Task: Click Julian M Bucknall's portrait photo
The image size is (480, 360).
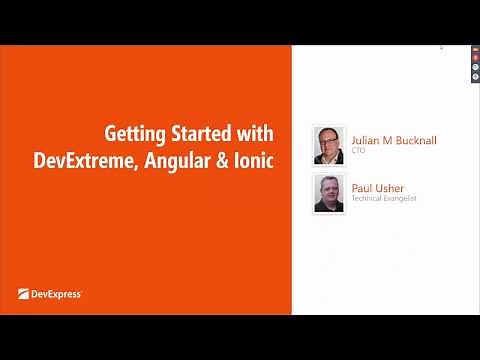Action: click(329, 145)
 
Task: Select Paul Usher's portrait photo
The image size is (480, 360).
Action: click(329, 192)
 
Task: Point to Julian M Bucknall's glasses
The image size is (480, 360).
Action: click(329, 141)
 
